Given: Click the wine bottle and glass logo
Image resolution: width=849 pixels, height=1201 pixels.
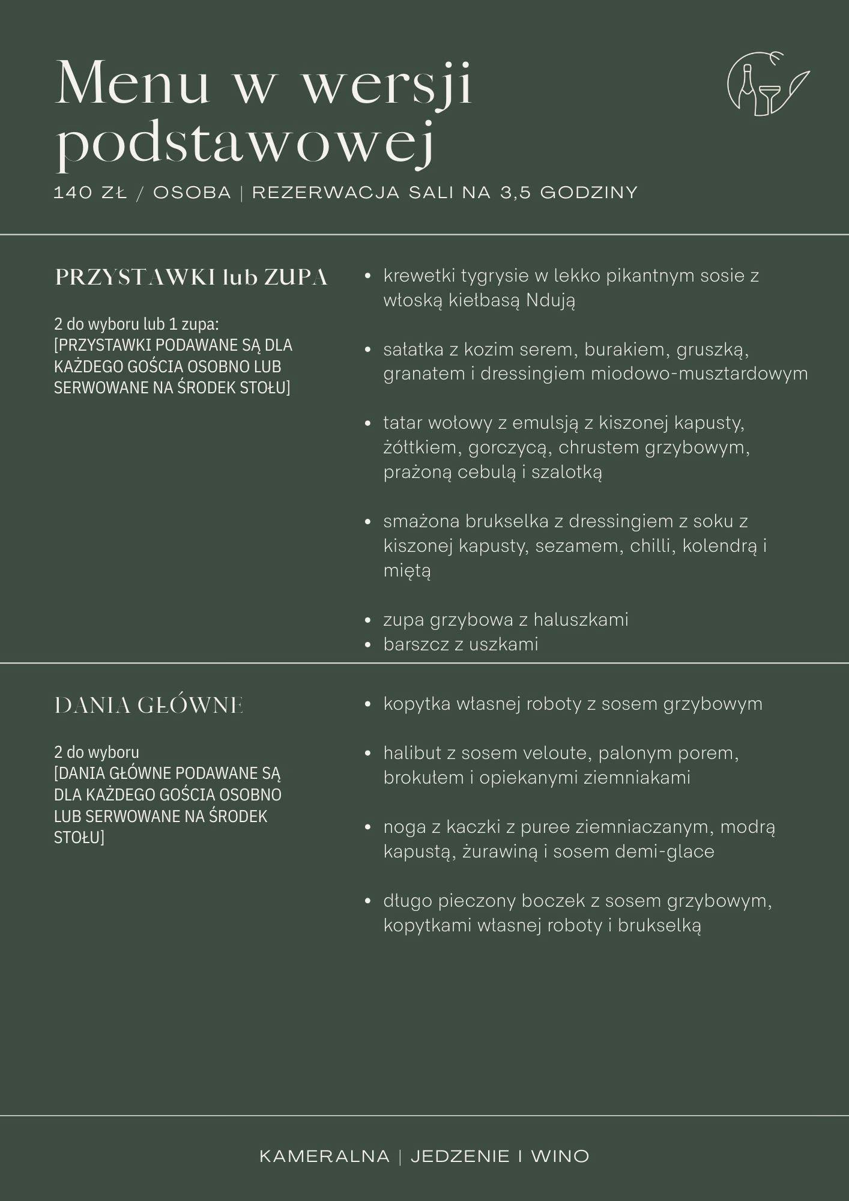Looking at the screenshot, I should point(767,84).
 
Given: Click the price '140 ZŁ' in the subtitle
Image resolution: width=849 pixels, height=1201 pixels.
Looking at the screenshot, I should point(90,193).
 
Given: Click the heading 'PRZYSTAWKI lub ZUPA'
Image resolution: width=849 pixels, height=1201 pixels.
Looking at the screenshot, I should point(192,277).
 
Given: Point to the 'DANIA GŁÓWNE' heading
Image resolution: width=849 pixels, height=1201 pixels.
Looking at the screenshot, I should point(149,706).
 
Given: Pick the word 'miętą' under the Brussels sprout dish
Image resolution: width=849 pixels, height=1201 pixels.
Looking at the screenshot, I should point(407,570).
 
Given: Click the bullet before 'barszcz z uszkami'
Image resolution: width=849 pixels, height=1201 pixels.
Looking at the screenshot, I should point(368,645).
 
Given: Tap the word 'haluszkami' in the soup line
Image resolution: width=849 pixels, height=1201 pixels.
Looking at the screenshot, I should point(581,620).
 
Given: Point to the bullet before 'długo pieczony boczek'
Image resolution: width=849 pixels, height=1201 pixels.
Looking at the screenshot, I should point(368,901).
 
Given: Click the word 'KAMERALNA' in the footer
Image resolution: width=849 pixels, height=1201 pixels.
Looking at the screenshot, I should point(324,1157).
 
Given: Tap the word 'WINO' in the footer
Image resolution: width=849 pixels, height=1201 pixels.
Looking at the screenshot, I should point(560,1157).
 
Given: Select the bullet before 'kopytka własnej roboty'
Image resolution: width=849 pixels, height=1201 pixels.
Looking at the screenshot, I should point(368,704).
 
